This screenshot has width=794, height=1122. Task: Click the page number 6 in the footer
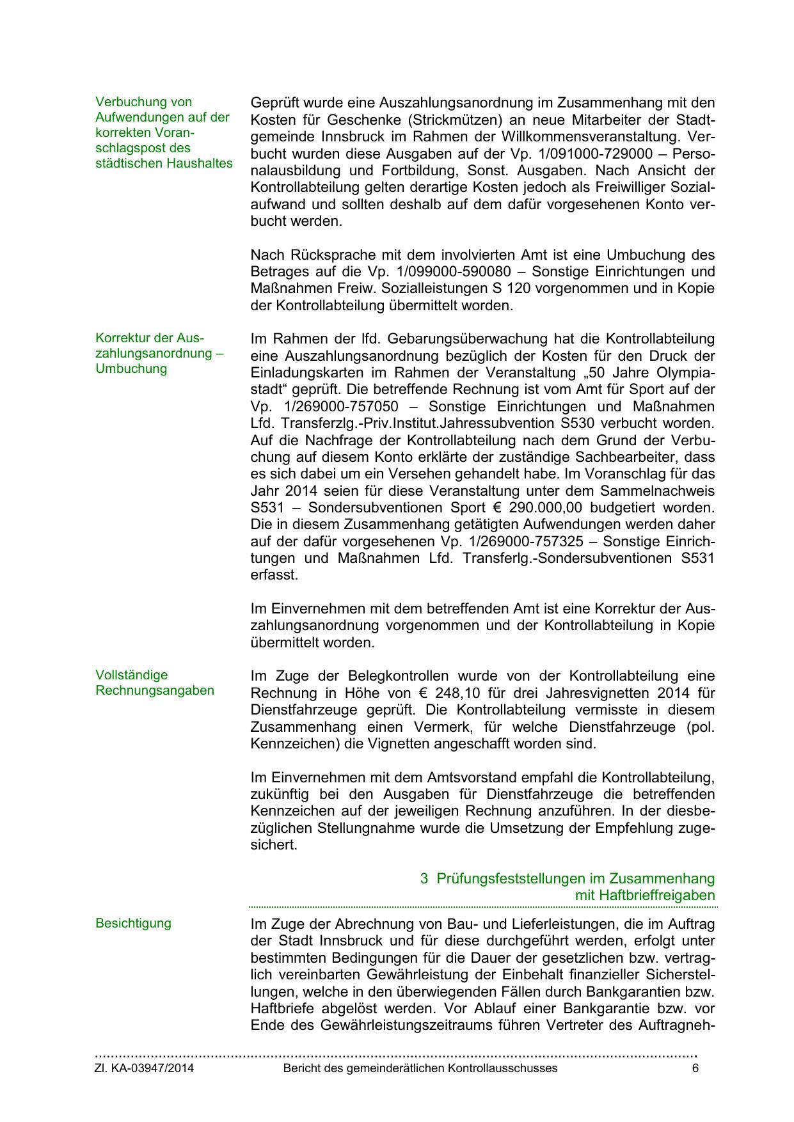click(695, 1068)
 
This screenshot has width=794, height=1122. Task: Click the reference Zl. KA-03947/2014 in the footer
click(145, 1068)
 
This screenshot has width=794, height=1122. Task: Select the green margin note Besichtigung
click(133, 924)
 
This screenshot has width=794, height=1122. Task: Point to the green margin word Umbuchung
click(131, 369)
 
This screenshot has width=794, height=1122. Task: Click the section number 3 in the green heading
click(424, 879)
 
